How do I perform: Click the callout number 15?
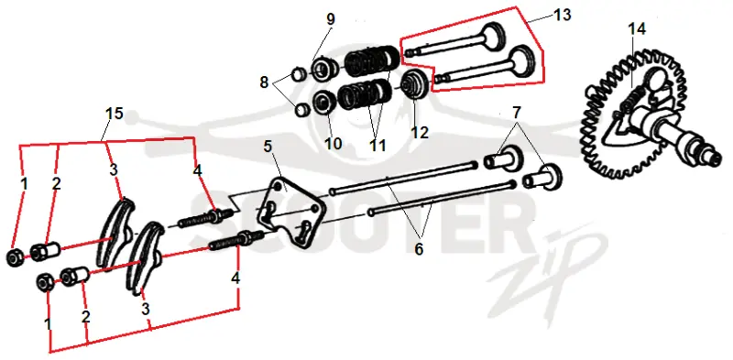click(x=114, y=114)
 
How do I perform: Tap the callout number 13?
click(x=563, y=15)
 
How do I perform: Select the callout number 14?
click(x=637, y=29)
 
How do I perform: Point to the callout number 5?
click(x=268, y=147)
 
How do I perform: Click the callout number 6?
click(x=419, y=249)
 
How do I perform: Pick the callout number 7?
click(x=516, y=113)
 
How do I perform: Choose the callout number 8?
click(x=264, y=82)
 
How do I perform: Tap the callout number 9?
click(x=331, y=20)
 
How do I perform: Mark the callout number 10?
click(x=334, y=144)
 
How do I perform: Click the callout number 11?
click(x=377, y=146)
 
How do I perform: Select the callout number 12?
click(x=420, y=132)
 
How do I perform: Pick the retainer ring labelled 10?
click(x=323, y=103)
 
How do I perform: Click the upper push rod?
click(x=403, y=177)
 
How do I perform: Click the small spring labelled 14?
click(x=631, y=97)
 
